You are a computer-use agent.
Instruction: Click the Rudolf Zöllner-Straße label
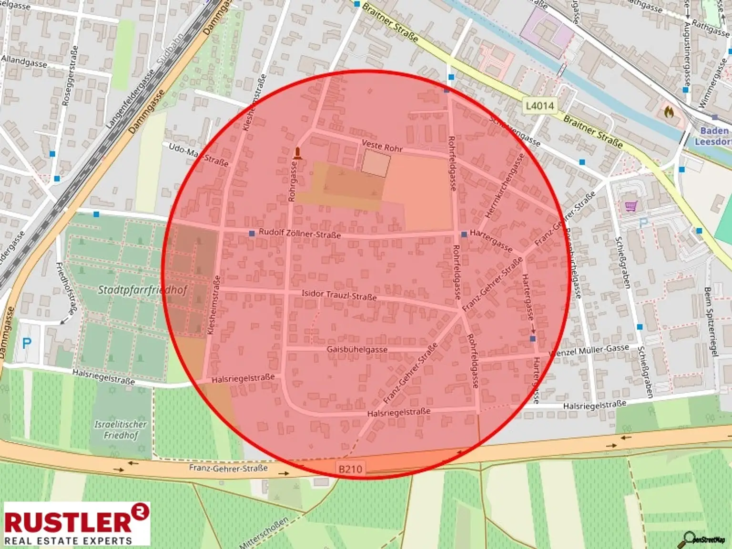coord(299,234)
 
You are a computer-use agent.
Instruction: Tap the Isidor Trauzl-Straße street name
coord(339,295)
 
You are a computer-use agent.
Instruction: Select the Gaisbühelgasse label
coord(357,349)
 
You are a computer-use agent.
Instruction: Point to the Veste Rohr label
coord(382,146)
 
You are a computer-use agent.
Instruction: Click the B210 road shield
coord(350,469)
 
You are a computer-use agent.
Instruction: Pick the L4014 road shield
coord(540,105)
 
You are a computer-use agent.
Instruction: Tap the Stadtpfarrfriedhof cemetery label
coord(142,290)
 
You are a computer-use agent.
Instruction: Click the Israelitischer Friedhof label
coord(121,429)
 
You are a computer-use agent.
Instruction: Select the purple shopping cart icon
coord(631,206)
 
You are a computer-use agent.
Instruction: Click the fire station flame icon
coord(669,112)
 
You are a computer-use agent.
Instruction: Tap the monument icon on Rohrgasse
coord(298,153)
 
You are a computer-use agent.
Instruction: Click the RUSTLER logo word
coord(68,521)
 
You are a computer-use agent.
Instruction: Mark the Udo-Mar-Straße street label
coord(198,154)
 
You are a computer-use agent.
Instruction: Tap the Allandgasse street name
coord(24,61)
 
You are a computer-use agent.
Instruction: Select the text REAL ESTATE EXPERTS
coord(68,540)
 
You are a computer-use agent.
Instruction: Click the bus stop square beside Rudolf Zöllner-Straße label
coord(252,234)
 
